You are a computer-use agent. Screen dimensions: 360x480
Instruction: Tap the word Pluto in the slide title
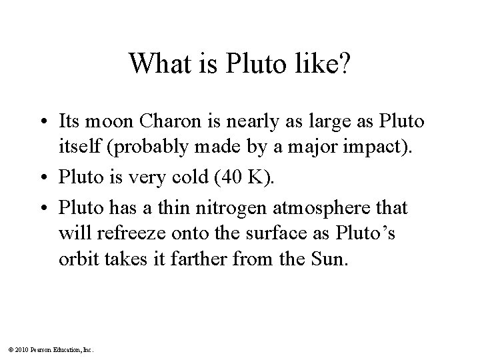pos(251,64)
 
